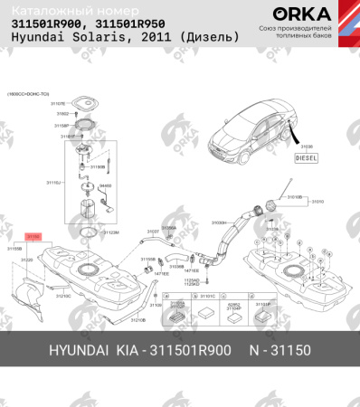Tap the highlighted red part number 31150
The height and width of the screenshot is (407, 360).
[33, 235]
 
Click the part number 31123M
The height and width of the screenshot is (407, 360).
[111, 232]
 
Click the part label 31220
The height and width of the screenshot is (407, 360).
[27, 260]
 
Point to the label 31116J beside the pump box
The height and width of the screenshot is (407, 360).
[52, 183]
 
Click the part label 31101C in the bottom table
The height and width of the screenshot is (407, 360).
[206, 296]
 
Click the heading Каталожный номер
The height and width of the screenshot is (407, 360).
[61, 9]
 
